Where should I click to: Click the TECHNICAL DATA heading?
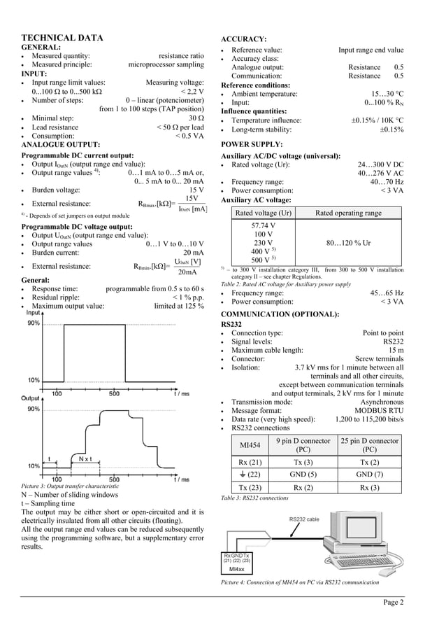click(x=63, y=38)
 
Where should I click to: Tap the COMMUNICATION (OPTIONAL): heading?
click(x=280, y=314)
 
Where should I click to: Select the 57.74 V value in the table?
click(x=263, y=225)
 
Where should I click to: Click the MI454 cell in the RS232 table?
click(x=250, y=445)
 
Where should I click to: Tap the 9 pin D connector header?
click(x=303, y=445)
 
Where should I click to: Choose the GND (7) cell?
click(x=368, y=474)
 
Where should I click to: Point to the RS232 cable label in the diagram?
click(x=305, y=519)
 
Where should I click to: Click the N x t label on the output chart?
click(x=86, y=458)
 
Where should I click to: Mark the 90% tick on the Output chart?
click(x=34, y=409)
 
